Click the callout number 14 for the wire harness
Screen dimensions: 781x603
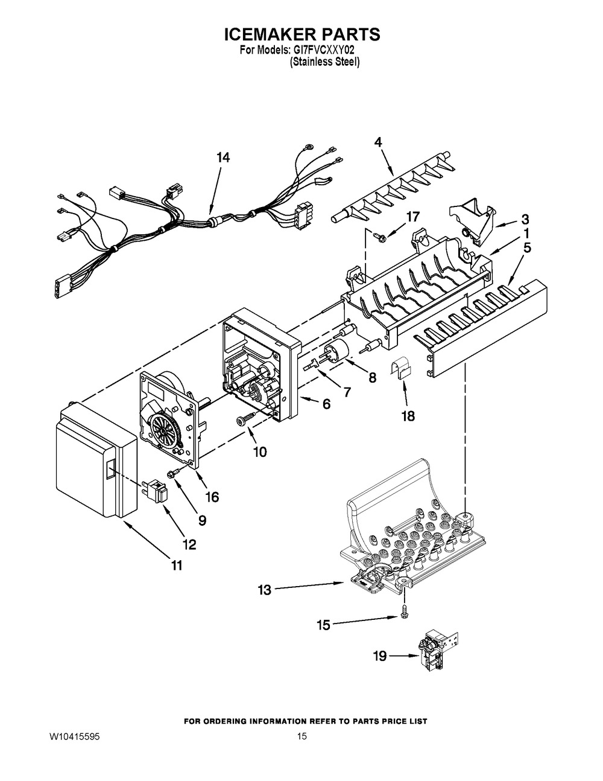click(223, 158)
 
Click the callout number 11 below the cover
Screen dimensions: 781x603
click(176, 566)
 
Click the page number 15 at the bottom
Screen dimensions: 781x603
click(302, 737)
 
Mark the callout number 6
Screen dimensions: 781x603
click(326, 404)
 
